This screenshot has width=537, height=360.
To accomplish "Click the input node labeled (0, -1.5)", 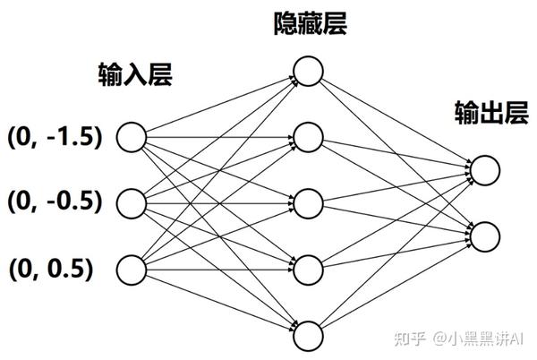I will coord(132,137).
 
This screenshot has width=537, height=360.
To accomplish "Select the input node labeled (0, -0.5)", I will coord(132,201).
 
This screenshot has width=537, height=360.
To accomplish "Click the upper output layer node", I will coord(483,169).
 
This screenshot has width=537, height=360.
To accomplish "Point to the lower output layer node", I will coord(483,235).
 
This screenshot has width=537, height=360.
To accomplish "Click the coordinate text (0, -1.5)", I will coord(55,137).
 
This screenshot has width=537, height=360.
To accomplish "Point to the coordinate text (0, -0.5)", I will coord(55,201).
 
